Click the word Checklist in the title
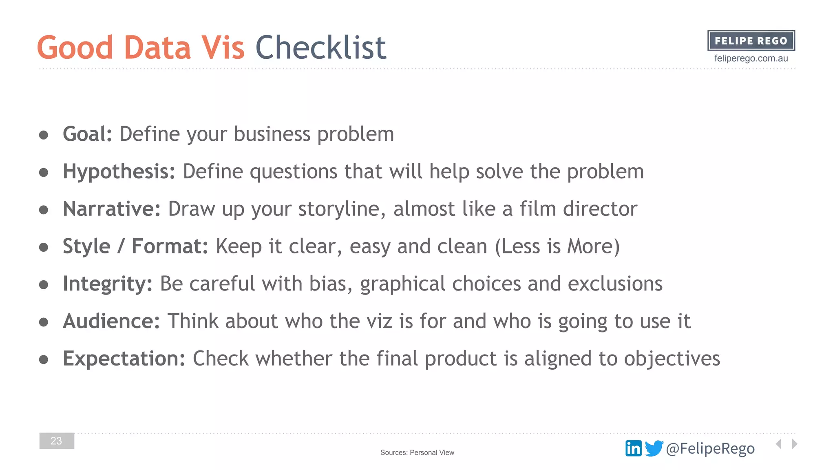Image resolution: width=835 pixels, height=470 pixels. click(x=320, y=47)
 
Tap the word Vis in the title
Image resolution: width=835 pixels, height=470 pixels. click(x=223, y=47)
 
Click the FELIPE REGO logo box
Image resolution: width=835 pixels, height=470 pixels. click(x=751, y=40)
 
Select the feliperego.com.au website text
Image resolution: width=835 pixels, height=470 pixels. click(x=751, y=58)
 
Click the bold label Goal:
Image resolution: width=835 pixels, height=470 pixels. click(x=87, y=134)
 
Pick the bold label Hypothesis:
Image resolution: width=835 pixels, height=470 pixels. click(x=119, y=171)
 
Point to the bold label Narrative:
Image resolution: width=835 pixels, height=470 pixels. click(x=112, y=209)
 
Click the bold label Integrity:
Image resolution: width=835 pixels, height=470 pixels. click(x=108, y=284)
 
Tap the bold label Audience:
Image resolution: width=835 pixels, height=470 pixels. click(x=111, y=321)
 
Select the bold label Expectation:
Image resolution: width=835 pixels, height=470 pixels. click(x=124, y=359)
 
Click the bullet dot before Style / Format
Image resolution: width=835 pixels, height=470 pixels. click(x=44, y=247)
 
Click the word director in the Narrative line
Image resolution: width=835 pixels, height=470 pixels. click(x=600, y=209)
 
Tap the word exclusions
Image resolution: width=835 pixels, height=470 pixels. click(x=615, y=284)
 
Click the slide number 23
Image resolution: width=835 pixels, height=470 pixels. click(x=57, y=441)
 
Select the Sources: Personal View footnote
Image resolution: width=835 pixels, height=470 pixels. click(x=417, y=452)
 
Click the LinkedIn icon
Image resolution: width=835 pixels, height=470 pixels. click(x=633, y=448)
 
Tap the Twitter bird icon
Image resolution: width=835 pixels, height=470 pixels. click(x=654, y=448)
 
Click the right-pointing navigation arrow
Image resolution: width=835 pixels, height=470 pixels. click(x=795, y=443)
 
